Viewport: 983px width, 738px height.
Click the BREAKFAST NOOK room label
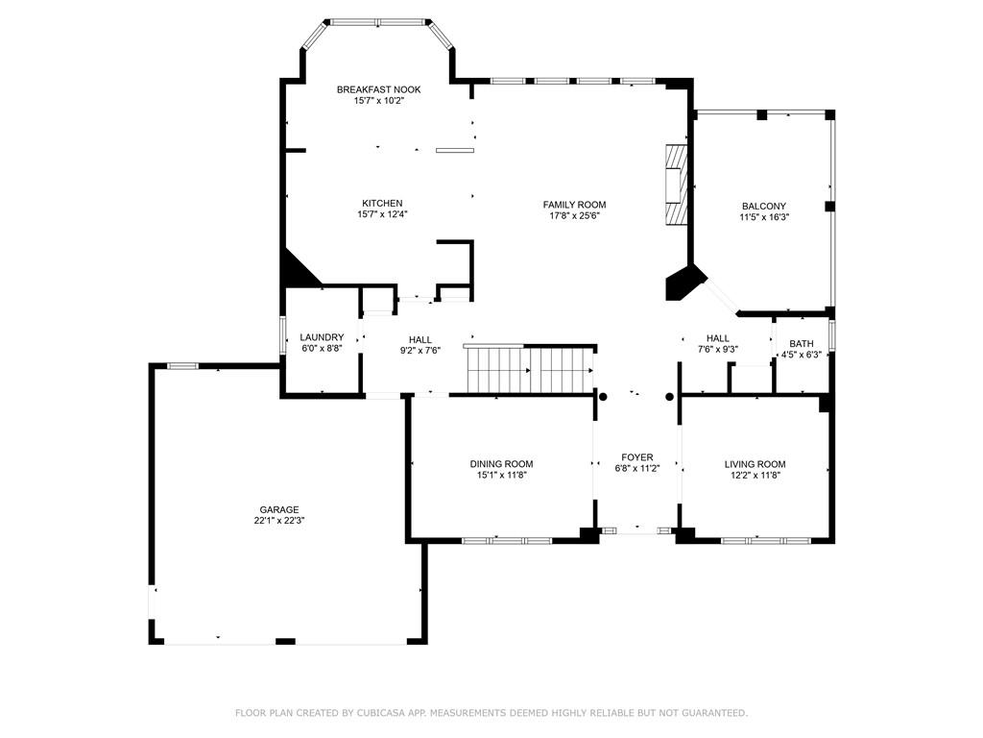pos(378,89)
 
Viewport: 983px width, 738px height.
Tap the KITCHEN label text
pos(382,204)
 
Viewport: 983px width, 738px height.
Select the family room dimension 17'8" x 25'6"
pos(574,215)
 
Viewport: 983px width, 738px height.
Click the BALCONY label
pos(763,206)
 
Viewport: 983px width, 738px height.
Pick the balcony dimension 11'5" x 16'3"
pos(763,217)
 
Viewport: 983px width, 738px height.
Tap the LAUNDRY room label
pos(322,337)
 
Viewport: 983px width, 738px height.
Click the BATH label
pos(802,343)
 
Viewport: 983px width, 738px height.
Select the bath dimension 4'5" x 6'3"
pos(802,355)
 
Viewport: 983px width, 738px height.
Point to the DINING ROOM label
pos(501,464)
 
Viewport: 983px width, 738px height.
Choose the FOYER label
pos(637,457)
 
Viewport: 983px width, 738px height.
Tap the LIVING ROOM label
pos(755,464)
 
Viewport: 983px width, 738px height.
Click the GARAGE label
pos(279,509)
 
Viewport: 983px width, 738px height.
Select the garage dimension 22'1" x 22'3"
pos(279,521)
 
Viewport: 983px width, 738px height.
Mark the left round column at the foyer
pos(603,397)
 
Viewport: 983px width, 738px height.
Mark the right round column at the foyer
pos(669,397)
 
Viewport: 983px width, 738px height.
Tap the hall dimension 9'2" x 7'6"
pos(420,351)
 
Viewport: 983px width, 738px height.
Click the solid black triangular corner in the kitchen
pos(297,271)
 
